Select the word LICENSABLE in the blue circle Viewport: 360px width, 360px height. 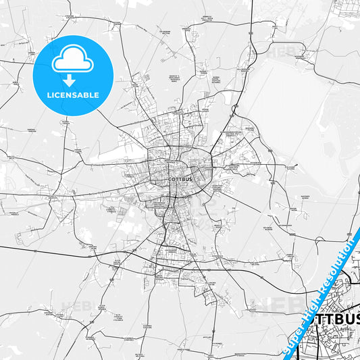72,95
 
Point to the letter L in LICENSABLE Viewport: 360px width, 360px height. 47,95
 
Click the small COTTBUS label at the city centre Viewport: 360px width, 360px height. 180,179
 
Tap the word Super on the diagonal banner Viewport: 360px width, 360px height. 292,335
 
